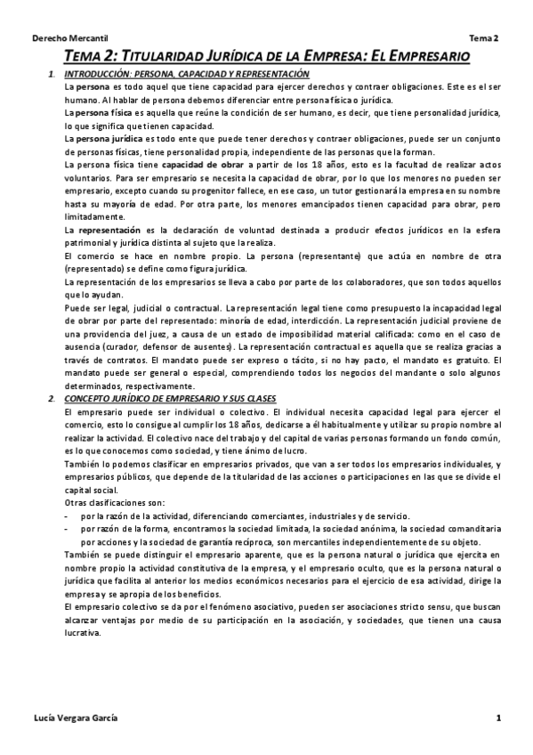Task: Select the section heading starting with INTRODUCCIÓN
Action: pyautogui.click(x=187, y=74)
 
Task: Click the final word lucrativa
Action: pyautogui.click(x=83, y=632)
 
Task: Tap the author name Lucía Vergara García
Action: pyautogui.click(x=75, y=718)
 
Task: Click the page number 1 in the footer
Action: pyautogui.click(x=499, y=718)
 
